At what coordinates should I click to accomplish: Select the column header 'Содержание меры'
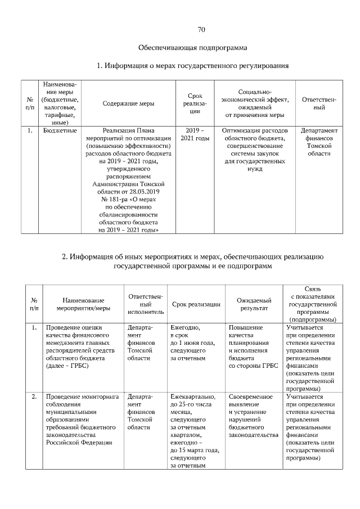pos(129,103)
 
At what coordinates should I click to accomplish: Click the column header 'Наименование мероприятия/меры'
pos(83,304)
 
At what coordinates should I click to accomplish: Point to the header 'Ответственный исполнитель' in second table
pos(145,304)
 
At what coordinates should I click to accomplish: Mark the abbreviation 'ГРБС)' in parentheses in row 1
pos(79,366)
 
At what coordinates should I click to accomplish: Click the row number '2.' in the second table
pos(34,397)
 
